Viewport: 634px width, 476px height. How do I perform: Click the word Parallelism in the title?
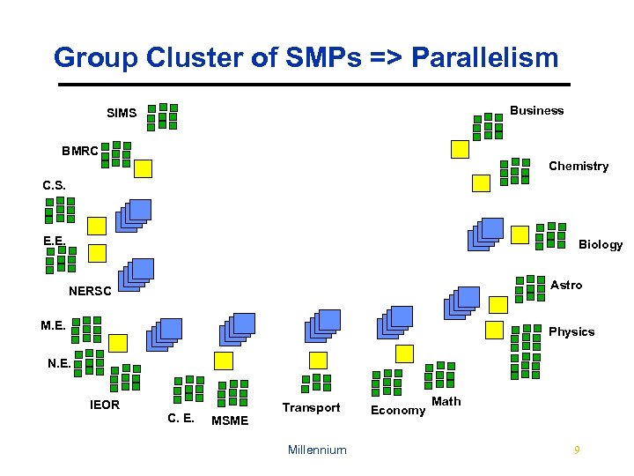click(485, 58)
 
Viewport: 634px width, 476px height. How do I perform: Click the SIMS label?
click(122, 113)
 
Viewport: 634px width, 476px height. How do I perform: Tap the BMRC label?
click(80, 151)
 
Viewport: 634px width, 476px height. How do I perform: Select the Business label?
click(536, 110)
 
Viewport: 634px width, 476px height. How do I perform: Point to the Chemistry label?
click(579, 166)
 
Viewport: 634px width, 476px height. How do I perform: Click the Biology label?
click(601, 244)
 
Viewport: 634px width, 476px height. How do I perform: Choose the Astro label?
click(566, 285)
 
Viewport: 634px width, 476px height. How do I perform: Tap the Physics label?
click(571, 331)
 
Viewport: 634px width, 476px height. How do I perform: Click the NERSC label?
click(90, 291)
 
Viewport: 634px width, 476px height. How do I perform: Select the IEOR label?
click(105, 405)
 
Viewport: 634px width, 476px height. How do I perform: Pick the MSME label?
click(230, 420)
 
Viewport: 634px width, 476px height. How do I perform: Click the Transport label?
click(311, 407)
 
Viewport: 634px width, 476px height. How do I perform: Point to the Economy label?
click(398, 410)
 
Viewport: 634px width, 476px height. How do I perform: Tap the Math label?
click(446, 402)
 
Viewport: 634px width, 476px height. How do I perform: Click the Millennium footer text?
click(317, 450)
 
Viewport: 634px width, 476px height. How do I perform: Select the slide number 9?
click(576, 450)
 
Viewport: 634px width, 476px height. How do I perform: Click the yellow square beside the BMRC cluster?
click(143, 168)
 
